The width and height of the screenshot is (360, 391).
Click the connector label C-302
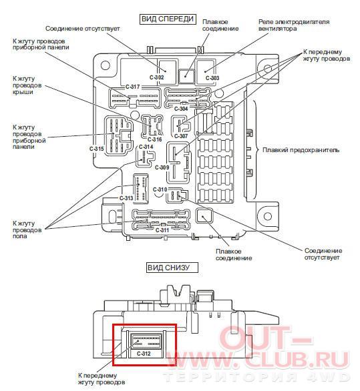(x=157, y=77)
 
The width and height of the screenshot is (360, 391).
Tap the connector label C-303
(x=212, y=78)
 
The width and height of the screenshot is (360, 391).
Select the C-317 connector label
(x=132, y=87)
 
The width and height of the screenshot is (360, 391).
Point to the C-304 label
(x=181, y=109)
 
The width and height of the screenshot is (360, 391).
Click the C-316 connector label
(x=155, y=139)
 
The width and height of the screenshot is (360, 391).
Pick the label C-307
(x=181, y=136)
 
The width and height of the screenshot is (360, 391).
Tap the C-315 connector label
(x=97, y=149)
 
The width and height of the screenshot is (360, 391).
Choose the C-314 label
(x=146, y=147)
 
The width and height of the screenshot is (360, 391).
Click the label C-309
(x=162, y=167)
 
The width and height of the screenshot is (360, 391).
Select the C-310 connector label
(x=160, y=189)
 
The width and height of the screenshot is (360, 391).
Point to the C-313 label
(x=126, y=198)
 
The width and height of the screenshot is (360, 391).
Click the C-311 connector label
(x=162, y=230)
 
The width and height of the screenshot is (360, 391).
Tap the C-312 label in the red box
(x=144, y=354)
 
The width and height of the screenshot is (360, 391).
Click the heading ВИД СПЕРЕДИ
(x=168, y=19)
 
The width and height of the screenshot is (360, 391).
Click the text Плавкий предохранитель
(x=301, y=150)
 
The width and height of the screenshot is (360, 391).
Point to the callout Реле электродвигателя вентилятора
(x=294, y=25)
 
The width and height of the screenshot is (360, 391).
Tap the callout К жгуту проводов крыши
(x=27, y=85)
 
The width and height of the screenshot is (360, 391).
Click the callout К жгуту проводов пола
(x=27, y=230)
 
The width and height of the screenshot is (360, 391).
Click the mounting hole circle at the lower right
(x=268, y=216)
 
